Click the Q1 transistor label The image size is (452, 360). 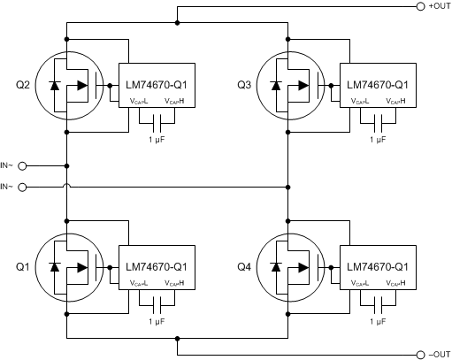(x=21, y=266)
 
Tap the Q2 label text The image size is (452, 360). (x=21, y=86)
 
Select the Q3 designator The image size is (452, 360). (x=244, y=86)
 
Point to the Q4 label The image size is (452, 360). (x=244, y=266)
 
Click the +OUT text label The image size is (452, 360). (x=440, y=7)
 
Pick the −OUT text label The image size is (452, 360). (x=440, y=354)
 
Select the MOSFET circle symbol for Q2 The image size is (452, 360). (x=68, y=87)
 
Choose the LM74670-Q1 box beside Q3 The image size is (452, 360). (x=378, y=86)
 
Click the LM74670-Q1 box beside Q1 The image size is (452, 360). (x=155, y=266)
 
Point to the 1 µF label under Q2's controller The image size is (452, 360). (x=156, y=139)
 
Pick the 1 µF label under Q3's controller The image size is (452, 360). (x=379, y=139)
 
